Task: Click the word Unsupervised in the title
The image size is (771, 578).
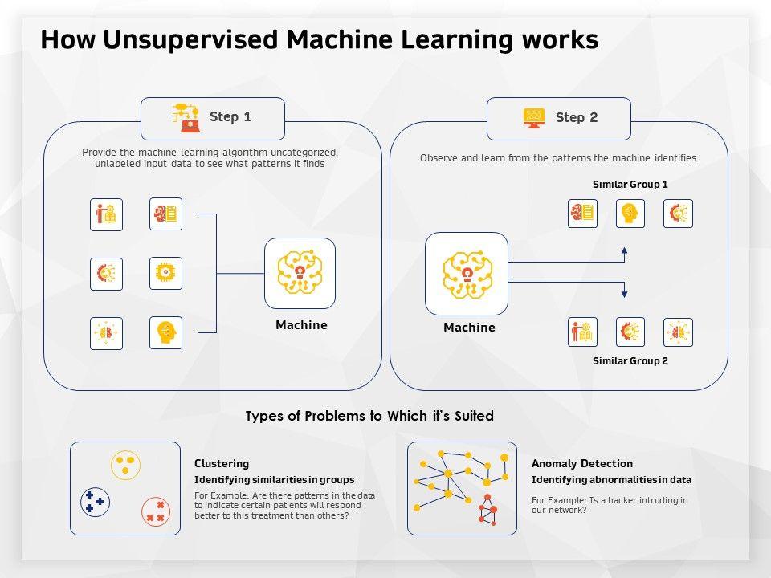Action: pyautogui.click(x=172, y=39)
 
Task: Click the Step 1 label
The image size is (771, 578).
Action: pyautogui.click(x=230, y=117)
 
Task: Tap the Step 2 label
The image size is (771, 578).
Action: pyautogui.click(x=577, y=118)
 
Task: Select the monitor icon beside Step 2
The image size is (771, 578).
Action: pyautogui.click(x=534, y=117)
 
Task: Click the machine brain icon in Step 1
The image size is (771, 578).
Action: pyautogui.click(x=300, y=273)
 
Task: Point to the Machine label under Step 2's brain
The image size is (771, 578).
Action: pyautogui.click(x=469, y=328)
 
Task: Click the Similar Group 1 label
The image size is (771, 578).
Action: pyautogui.click(x=630, y=185)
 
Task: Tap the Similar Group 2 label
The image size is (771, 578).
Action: pyautogui.click(x=630, y=361)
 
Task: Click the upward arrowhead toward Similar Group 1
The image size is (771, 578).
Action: pyautogui.click(x=625, y=252)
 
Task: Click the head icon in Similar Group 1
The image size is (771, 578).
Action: pyautogui.click(x=630, y=214)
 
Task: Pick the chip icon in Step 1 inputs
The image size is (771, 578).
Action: pyautogui.click(x=165, y=274)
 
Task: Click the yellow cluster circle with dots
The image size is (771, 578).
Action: pyautogui.click(x=125, y=464)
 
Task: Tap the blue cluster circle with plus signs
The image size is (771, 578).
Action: pyautogui.click(x=96, y=502)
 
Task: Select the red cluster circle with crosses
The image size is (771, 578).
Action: pyautogui.click(x=156, y=511)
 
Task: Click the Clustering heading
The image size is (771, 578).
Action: pyautogui.click(x=222, y=464)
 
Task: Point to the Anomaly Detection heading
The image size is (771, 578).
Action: pyautogui.click(x=581, y=464)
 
